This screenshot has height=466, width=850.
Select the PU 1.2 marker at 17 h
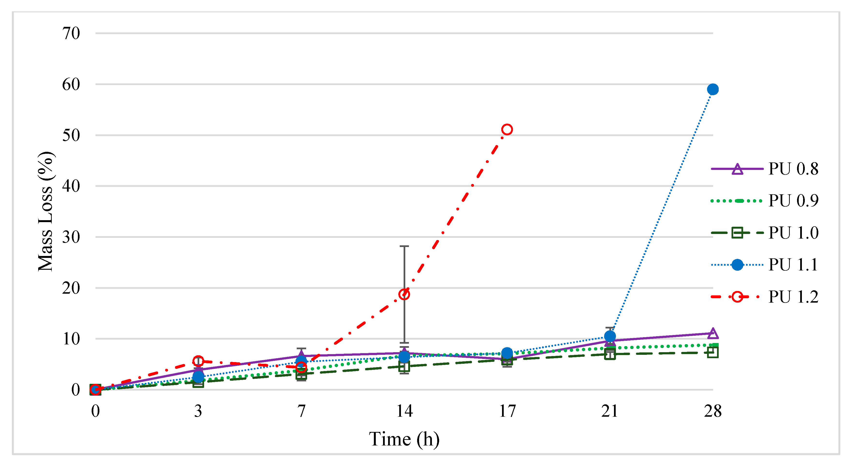pyautogui.click(x=507, y=130)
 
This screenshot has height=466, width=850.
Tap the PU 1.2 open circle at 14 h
pyautogui.click(x=404, y=294)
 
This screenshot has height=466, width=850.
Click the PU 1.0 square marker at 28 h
pyautogui.click(x=713, y=353)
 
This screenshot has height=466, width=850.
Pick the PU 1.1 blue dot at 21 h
pyautogui.click(x=610, y=336)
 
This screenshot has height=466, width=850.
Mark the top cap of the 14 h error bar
pyautogui.click(x=404, y=246)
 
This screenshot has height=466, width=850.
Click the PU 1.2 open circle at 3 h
pyautogui.click(x=198, y=361)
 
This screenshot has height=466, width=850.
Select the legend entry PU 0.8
pyautogui.click(x=793, y=169)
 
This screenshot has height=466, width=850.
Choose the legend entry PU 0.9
pyautogui.click(x=793, y=201)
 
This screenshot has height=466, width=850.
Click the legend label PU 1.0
pyautogui.click(x=793, y=233)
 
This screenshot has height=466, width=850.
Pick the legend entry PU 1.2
pyautogui.click(x=793, y=297)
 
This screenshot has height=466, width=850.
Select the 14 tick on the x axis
pyautogui.click(x=404, y=411)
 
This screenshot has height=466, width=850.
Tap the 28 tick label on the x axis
pyautogui.click(x=713, y=411)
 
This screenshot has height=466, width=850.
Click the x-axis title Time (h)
pyautogui.click(x=404, y=439)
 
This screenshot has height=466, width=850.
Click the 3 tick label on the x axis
pyautogui.click(x=198, y=411)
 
